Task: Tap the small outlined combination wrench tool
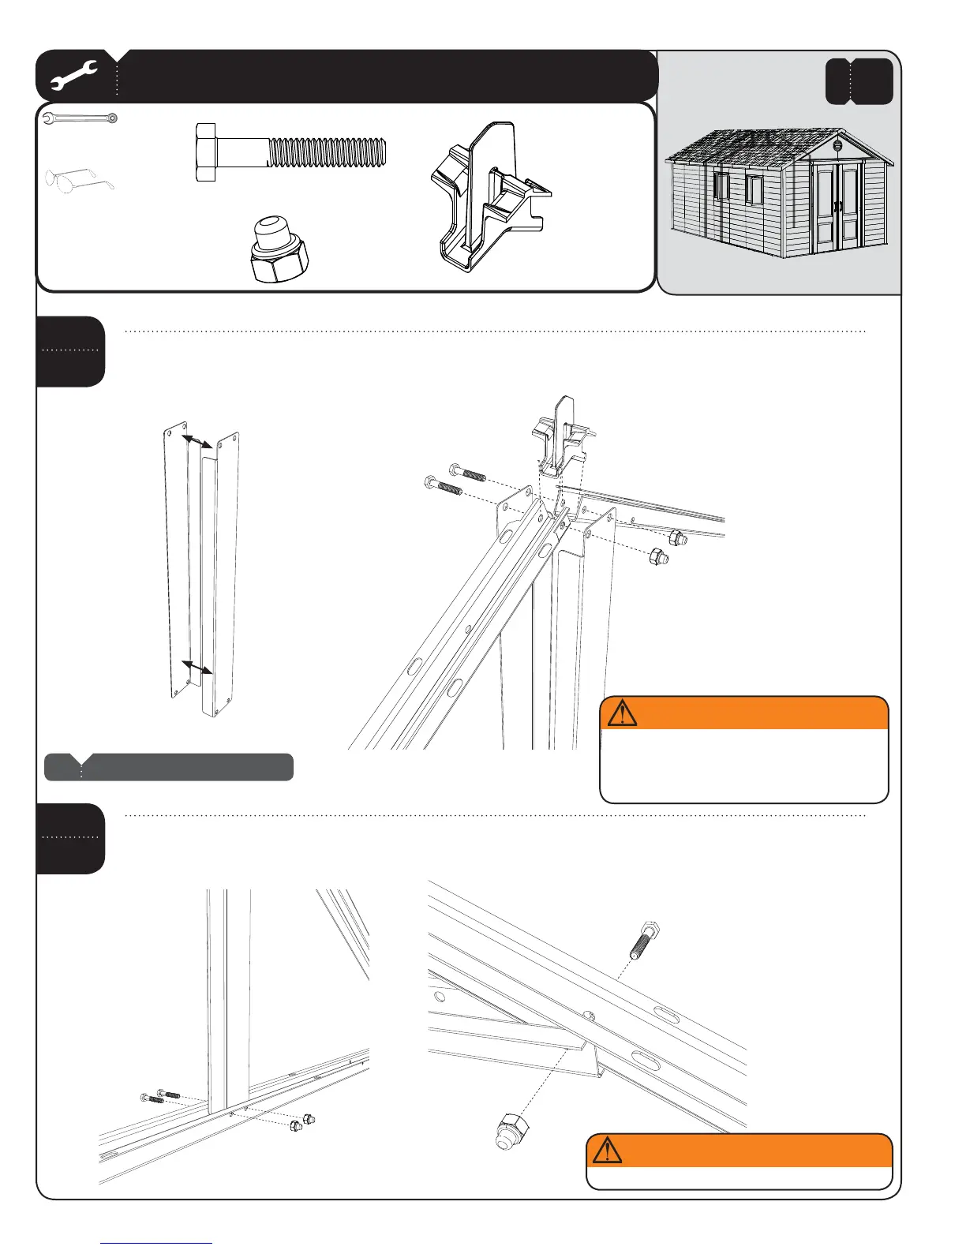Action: (x=80, y=118)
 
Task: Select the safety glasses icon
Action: (x=79, y=179)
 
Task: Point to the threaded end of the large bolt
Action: (x=328, y=152)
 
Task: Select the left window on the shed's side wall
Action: (x=721, y=186)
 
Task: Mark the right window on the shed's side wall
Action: (x=754, y=190)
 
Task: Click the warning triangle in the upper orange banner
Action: (x=622, y=713)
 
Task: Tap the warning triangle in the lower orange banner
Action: (x=607, y=1151)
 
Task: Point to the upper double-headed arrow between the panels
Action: (x=197, y=442)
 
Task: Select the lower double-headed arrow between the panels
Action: (x=197, y=668)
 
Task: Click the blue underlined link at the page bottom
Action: (x=156, y=1243)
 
